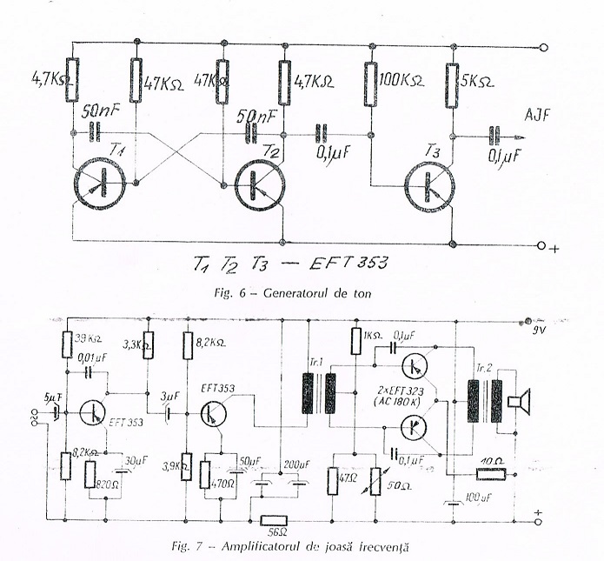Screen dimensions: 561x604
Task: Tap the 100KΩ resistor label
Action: (402, 82)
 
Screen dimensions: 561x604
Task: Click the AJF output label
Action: (538, 114)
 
